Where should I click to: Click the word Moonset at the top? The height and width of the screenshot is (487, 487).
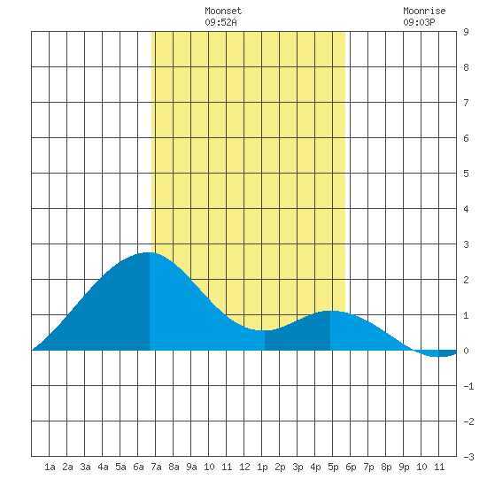tap(223, 11)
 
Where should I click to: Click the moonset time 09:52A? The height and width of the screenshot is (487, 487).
tap(220, 22)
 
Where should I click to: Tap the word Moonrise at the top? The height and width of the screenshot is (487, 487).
tap(424, 11)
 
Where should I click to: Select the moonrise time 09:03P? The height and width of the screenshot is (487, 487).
tap(420, 22)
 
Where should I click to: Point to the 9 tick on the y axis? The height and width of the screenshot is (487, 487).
tap(466, 32)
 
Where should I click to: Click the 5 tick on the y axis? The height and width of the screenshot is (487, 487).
tap(466, 174)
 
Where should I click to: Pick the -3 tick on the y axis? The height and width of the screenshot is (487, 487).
tap(468, 457)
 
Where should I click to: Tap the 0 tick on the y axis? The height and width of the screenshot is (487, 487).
tap(466, 351)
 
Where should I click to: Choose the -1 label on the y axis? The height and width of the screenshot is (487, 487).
tap(468, 386)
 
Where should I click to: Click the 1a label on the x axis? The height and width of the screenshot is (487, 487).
tap(50, 467)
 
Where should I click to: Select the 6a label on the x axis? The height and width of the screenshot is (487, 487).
tap(138, 467)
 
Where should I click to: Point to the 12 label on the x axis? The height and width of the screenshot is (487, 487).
tap(244, 467)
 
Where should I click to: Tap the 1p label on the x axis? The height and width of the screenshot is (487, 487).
tap(262, 467)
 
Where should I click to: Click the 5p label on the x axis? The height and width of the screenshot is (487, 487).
tap(333, 467)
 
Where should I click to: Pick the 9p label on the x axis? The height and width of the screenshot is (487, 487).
tap(404, 467)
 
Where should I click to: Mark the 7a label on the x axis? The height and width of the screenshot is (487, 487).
tap(156, 467)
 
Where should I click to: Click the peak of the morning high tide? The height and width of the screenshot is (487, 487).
tap(149, 252)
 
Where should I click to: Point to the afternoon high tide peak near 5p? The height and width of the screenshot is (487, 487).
tap(330, 311)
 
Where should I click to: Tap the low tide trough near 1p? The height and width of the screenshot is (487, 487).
tap(264, 330)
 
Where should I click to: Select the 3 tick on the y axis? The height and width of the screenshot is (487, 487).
tap(466, 244)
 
